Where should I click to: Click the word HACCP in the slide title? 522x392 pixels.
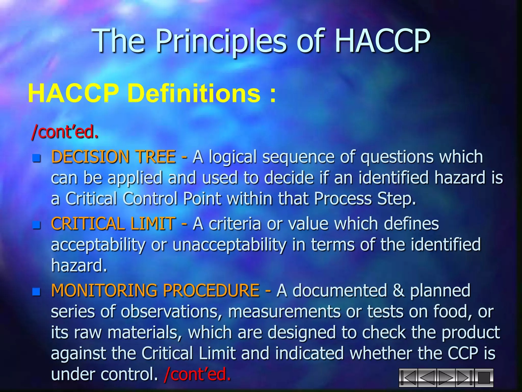click(x=382, y=41)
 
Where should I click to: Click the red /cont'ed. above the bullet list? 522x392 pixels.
click(x=65, y=132)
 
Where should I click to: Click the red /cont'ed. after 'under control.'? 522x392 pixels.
click(x=198, y=374)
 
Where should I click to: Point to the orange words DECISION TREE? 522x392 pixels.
click(x=113, y=156)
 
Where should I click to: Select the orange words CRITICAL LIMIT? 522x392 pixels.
click(x=113, y=224)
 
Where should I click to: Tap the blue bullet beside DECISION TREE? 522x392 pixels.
click(x=37, y=158)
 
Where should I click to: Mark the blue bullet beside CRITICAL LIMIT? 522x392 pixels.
click(x=37, y=225)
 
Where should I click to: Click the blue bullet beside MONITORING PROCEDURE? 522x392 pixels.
click(x=37, y=292)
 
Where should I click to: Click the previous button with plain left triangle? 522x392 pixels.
click(x=427, y=378)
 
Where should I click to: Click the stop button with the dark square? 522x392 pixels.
click(x=484, y=378)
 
